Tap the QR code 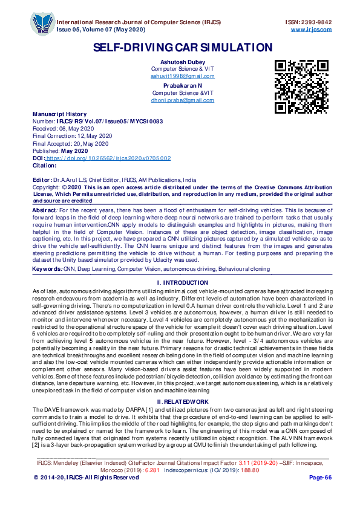coord(301,86)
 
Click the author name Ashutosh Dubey coord(182,62)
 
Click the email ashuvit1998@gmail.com coord(182,76)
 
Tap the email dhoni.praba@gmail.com coord(182,100)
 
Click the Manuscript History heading coord(59,114)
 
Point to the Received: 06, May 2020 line coord(64,129)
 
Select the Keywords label coord(47,268)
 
